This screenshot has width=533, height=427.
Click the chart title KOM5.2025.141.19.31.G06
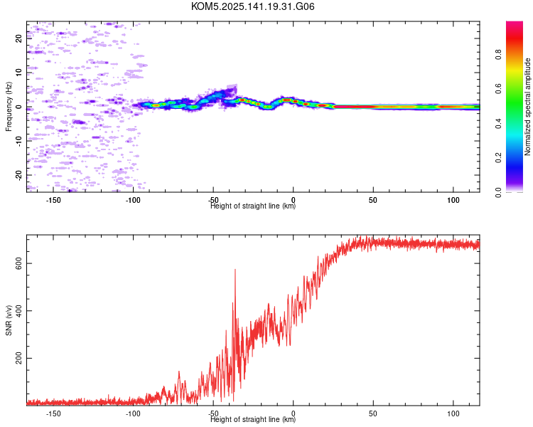tap(252, 6)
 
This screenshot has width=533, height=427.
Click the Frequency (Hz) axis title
tap(9, 107)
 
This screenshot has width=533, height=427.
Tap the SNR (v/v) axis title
tap(9, 320)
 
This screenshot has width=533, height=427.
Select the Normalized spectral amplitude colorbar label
tap(527, 107)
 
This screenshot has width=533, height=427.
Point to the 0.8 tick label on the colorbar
tap(498, 55)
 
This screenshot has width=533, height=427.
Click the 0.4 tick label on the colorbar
tap(498, 123)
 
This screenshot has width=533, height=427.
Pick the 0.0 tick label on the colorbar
tap(498, 192)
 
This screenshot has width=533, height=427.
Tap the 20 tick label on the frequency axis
tap(18, 38)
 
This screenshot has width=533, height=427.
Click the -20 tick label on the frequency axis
tap(18, 175)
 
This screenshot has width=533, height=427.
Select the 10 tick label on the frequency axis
tap(18, 73)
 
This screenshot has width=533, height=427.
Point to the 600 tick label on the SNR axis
tap(18, 263)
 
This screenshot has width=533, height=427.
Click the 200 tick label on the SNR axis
tap(18, 358)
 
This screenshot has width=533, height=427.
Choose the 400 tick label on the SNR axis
tap(18, 310)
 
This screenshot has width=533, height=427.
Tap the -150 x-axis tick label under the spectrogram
tap(53, 200)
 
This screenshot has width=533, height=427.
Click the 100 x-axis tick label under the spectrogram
tap(453, 200)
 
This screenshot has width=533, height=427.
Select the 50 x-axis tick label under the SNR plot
tap(373, 413)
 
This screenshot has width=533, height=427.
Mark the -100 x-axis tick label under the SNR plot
tap(133, 413)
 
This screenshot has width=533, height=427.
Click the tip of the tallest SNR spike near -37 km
tap(235, 269)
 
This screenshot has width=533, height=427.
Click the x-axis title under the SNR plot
tap(253, 419)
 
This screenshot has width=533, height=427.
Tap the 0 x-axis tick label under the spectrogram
tap(294, 200)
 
